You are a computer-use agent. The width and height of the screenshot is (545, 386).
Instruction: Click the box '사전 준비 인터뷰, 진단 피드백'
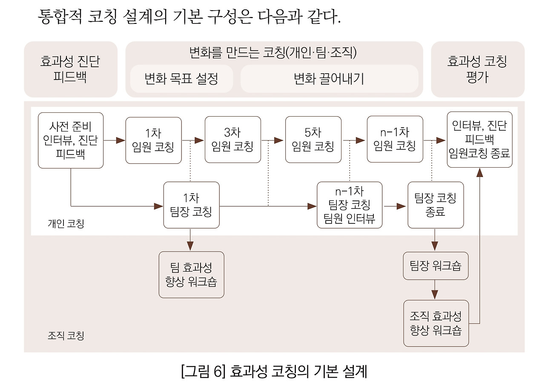pyautogui.click(x=71, y=140)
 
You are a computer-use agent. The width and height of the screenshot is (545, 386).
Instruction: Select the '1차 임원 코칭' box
pyautogui.click(x=153, y=140)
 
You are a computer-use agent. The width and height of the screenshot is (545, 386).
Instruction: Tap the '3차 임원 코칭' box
pyautogui.click(x=232, y=140)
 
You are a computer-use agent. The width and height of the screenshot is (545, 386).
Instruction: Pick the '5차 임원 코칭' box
pyautogui.click(x=313, y=140)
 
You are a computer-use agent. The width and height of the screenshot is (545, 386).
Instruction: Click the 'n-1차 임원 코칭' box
pyautogui.click(x=395, y=140)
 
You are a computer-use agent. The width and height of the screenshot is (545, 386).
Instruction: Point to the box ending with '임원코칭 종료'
pyautogui.click(x=479, y=140)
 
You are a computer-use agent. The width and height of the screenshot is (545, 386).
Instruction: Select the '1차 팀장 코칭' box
pyautogui.click(x=192, y=205)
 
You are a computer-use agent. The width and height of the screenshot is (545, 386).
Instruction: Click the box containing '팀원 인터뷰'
pyautogui.click(x=350, y=206)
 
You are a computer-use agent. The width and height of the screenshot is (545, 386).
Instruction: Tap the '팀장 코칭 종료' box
pyautogui.click(x=435, y=205)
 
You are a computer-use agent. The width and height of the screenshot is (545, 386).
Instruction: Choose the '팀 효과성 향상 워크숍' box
pyautogui.click(x=191, y=274)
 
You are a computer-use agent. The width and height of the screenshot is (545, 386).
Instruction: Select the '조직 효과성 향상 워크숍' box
pyautogui.click(x=436, y=323)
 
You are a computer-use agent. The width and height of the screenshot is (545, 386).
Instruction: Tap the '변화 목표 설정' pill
pyautogui.click(x=181, y=79)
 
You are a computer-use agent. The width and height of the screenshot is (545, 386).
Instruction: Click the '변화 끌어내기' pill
pyautogui.click(x=329, y=79)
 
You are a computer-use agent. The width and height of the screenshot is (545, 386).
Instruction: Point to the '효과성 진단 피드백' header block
pyautogui.click(x=70, y=69)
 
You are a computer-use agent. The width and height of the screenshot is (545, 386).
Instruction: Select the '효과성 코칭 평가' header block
pyautogui.click(x=477, y=69)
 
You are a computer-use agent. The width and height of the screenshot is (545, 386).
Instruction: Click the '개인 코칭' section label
pyautogui.click(x=66, y=223)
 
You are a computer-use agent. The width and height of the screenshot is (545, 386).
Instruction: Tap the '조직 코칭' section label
pyautogui.click(x=66, y=336)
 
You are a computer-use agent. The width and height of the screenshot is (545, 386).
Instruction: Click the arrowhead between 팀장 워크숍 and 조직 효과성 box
pyautogui.click(x=435, y=294)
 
